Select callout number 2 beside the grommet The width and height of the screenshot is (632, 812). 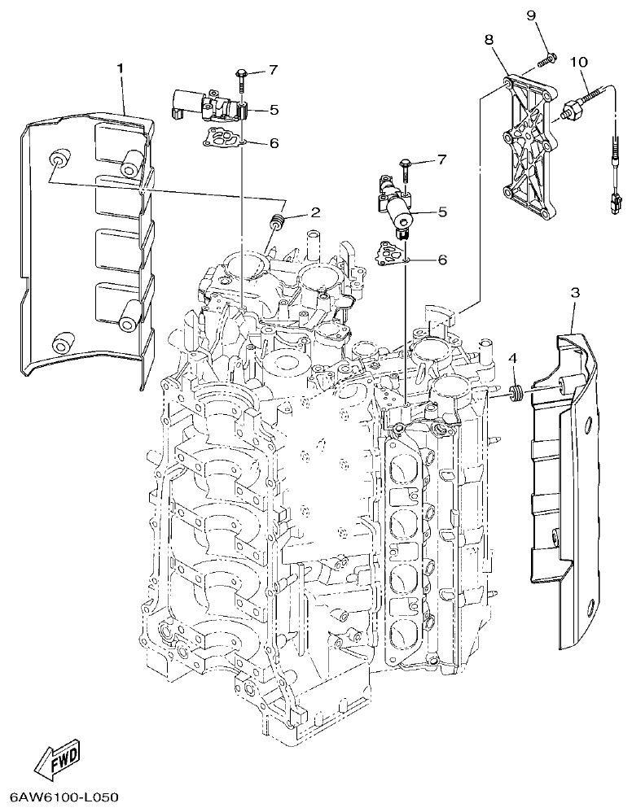[x=314, y=213]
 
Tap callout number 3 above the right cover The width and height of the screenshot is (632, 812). [x=575, y=292]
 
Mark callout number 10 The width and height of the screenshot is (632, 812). [x=579, y=62]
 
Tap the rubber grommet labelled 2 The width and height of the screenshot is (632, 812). [x=276, y=220]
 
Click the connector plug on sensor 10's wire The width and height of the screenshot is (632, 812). [x=612, y=201]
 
